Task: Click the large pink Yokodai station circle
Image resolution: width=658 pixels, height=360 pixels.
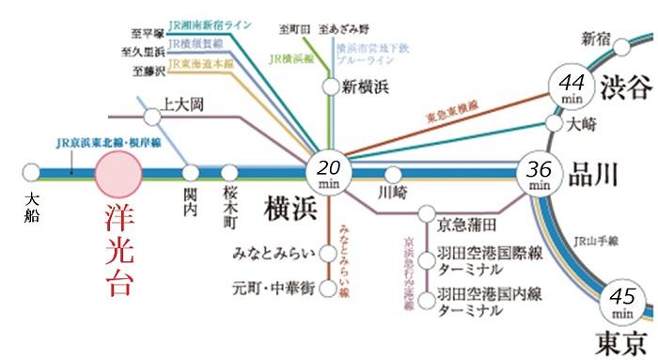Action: [117, 174]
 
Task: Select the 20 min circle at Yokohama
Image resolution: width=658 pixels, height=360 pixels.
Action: [328, 173]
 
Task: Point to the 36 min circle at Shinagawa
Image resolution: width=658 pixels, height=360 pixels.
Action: [539, 175]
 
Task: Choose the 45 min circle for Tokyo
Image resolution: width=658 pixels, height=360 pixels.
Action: [621, 301]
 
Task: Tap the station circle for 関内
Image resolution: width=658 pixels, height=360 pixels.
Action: [191, 174]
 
